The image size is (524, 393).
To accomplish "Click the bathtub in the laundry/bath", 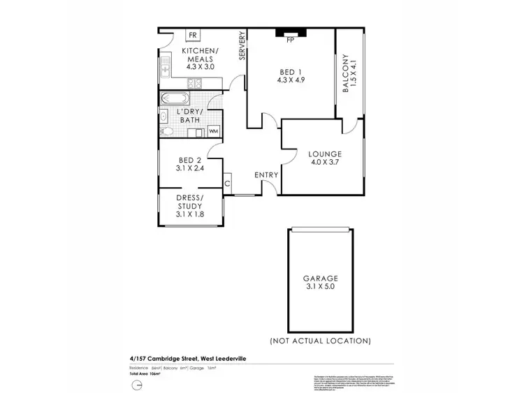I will coord(178,99).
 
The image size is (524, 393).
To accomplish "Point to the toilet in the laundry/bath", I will coord(166,131).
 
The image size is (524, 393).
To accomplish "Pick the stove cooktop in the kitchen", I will coord(196,84).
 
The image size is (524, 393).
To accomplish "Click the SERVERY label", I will coord(242,47).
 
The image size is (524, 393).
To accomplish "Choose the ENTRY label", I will coord(265,175).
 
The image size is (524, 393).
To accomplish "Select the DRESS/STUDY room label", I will coord(189,202).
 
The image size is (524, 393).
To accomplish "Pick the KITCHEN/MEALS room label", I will coord(200,55).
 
